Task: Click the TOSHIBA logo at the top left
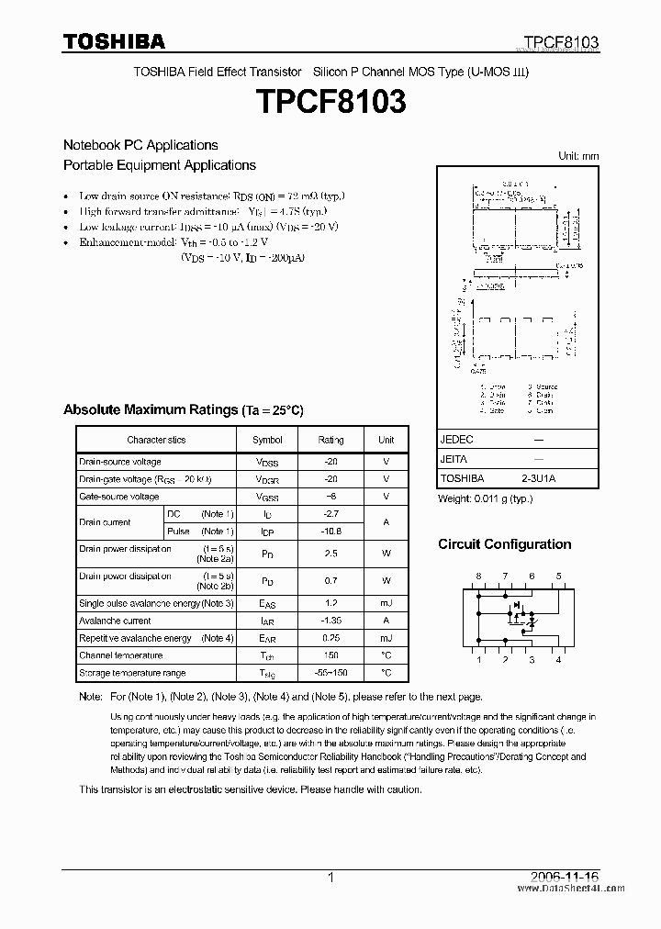114,41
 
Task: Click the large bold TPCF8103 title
330,103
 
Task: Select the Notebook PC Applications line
140,145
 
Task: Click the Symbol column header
267,440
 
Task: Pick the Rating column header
330,440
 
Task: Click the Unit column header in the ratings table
387,440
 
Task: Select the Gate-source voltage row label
119,497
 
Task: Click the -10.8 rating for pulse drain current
330,532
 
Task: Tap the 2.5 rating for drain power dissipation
330,554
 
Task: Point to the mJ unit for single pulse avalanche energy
387,603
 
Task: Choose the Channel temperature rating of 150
330,655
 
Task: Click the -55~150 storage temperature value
330,673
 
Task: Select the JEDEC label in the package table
456,440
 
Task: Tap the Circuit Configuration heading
504,544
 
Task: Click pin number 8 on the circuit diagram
477,576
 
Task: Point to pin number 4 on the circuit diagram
558,660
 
